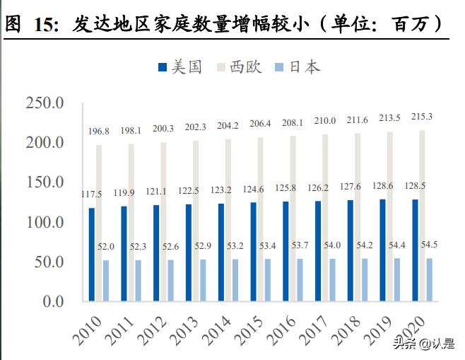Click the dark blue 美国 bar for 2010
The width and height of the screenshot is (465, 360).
[x=92, y=254]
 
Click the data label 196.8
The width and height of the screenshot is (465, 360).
[x=99, y=132]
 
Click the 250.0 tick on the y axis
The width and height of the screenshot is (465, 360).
[x=45, y=103]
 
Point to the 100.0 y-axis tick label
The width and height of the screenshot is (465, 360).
[x=45, y=222]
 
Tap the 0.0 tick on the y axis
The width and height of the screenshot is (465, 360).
[x=53, y=301]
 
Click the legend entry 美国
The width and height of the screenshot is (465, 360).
[x=180, y=67]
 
